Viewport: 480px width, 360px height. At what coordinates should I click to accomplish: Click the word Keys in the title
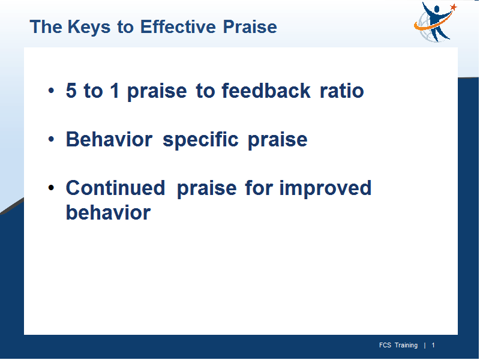(x=89, y=28)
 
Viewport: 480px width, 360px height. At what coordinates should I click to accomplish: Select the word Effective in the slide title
(x=178, y=26)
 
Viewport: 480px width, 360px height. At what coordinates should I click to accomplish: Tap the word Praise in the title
(x=250, y=26)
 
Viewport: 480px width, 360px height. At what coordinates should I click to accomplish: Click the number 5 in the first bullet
(x=71, y=91)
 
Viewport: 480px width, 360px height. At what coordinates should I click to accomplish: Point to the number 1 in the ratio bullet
(x=115, y=91)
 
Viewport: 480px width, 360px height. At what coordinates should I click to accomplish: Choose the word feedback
(x=266, y=91)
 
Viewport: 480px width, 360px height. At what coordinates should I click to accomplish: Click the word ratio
(x=341, y=91)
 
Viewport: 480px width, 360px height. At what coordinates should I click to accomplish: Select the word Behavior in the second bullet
(x=109, y=139)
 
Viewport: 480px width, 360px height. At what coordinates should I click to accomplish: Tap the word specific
(x=200, y=140)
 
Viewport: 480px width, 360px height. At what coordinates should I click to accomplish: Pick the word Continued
(x=115, y=188)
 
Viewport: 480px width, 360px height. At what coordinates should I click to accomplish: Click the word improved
(x=325, y=188)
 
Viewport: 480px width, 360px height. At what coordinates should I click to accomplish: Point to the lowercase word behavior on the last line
(x=109, y=212)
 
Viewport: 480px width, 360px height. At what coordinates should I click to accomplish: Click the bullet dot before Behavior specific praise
(x=51, y=139)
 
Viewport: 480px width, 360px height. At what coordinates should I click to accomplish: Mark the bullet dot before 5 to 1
(x=51, y=91)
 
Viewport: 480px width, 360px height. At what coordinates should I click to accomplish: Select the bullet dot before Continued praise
(x=51, y=188)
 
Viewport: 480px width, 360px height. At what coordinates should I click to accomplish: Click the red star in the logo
(x=454, y=7)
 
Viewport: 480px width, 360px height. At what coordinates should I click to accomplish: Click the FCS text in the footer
(x=385, y=346)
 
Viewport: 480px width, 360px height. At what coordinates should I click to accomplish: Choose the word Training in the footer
(x=406, y=346)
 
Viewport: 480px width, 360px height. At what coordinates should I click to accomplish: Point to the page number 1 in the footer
(x=433, y=346)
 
